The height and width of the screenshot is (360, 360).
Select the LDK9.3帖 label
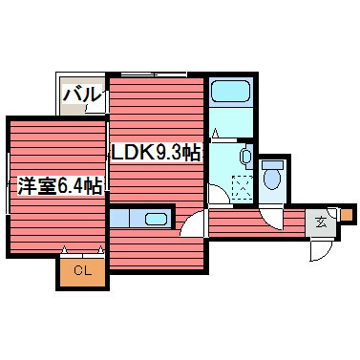158,152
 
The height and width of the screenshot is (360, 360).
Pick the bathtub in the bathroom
229,93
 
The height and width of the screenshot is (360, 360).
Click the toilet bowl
272,178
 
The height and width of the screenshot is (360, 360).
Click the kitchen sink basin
156,220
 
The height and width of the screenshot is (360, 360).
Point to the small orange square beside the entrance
346,215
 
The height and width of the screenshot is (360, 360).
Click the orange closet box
83,272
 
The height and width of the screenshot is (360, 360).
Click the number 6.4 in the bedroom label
69,188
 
